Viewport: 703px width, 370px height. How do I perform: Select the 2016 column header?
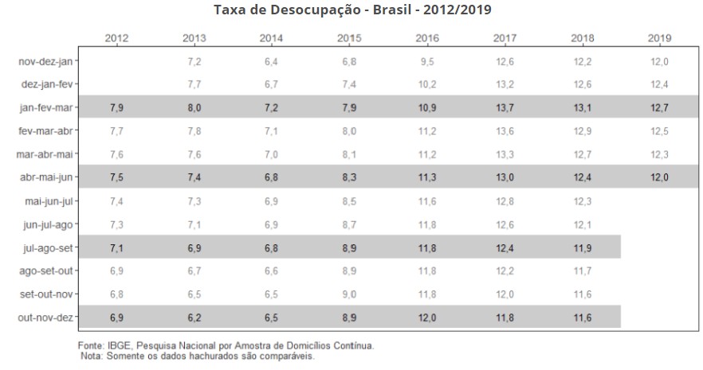pos(426,38)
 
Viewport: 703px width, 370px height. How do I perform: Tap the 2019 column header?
pos(659,38)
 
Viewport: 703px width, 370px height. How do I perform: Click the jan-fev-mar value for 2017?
pos(504,107)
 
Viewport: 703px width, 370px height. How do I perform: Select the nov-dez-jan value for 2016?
pos(426,60)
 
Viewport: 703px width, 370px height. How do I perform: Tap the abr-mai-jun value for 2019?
pos(659,177)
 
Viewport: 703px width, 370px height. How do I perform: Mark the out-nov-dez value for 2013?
pos(194,317)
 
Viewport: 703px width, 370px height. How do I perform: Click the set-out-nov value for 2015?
pos(349,294)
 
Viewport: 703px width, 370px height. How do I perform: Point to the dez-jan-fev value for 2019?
pos(659,84)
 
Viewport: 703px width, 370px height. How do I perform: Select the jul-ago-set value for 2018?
pos(582,247)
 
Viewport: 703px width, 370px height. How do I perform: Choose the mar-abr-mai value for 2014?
pos(271,154)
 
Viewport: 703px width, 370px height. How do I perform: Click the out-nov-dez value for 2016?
pos(426,317)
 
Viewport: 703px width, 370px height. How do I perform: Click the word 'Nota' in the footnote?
pos(92,356)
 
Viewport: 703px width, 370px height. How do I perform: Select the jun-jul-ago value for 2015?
pos(349,224)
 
